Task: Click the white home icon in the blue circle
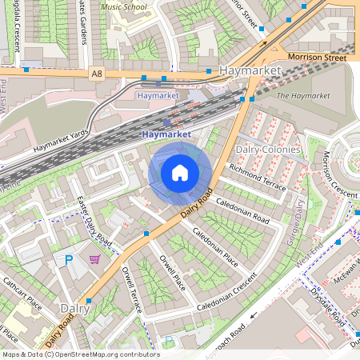pyautogui.click(x=180, y=173)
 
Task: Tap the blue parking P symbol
pyautogui.click(x=68, y=261)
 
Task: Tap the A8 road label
pyautogui.click(x=98, y=74)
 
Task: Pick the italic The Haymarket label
pyautogui.click(x=302, y=96)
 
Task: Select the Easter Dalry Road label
pyautogui.click(x=93, y=221)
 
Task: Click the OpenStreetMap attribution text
pyautogui.click(x=80, y=354)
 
